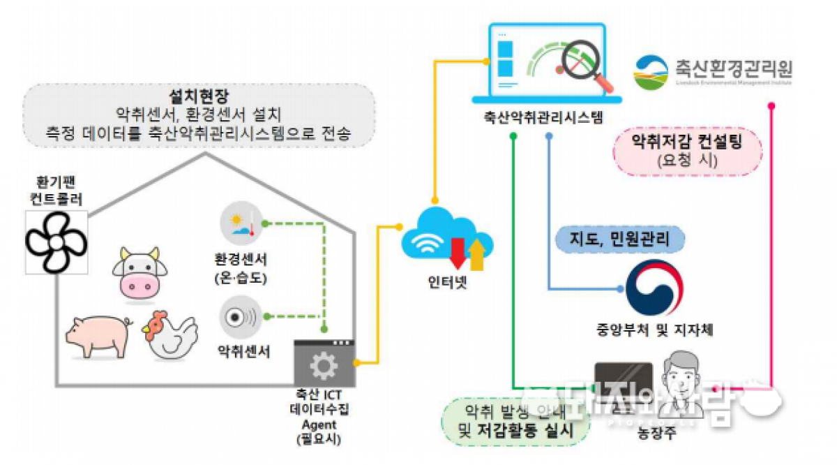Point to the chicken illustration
coord(169,334)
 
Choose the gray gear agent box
coord(324,364)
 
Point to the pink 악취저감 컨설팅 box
coord(686,151)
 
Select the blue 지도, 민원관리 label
coord(620,239)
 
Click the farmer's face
coord(679,374)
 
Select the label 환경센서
coord(241,259)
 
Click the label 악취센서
coord(241,348)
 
